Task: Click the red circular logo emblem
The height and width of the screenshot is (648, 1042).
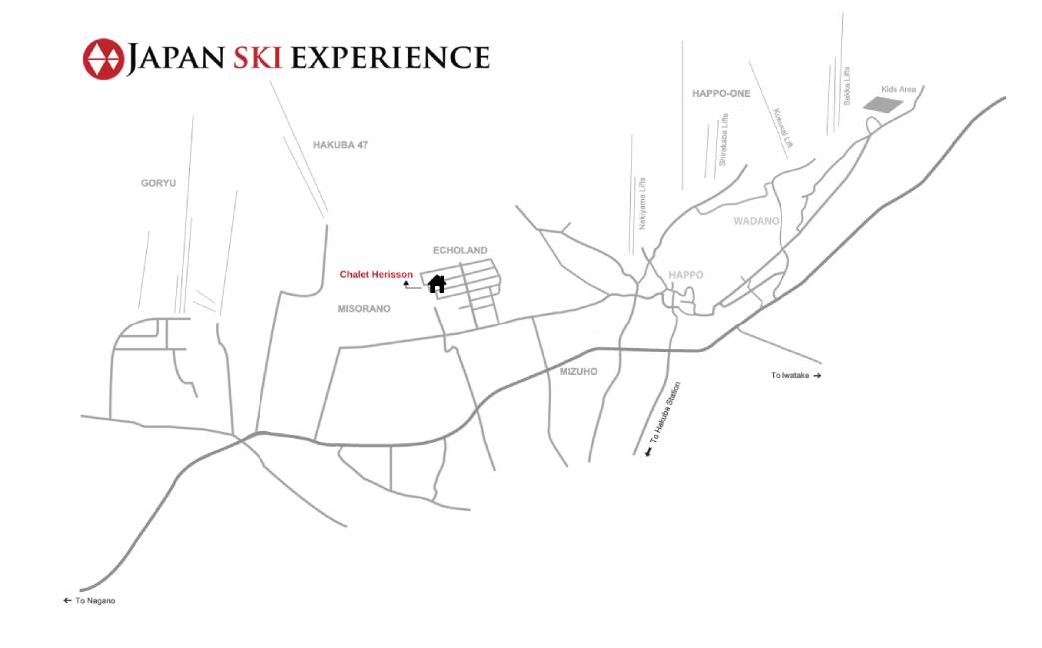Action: click(102, 59)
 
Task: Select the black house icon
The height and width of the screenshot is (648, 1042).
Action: click(436, 284)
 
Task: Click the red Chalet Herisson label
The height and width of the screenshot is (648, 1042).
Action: click(376, 274)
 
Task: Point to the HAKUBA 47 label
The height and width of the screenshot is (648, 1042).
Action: click(340, 145)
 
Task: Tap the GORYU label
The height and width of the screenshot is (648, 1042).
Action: click(158, 183)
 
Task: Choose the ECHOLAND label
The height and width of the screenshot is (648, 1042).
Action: click(460, 250)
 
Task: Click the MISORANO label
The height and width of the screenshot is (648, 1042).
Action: click(364, 309)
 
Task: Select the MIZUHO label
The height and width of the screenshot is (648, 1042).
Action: click(578, 371)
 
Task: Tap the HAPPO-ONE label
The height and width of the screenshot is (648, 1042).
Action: click(720, 93)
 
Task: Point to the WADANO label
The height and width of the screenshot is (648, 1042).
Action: click(756, 221)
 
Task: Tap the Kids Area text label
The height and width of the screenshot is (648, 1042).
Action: click(898, 89)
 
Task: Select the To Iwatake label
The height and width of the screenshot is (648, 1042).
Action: click(794, 375)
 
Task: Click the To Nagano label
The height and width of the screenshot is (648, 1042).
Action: click(89, 601)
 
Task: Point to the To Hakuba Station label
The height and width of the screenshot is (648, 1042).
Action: click(664, 417)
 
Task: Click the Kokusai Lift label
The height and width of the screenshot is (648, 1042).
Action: click(781, 129)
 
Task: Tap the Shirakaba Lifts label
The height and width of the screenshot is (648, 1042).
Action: click(723, 139)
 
